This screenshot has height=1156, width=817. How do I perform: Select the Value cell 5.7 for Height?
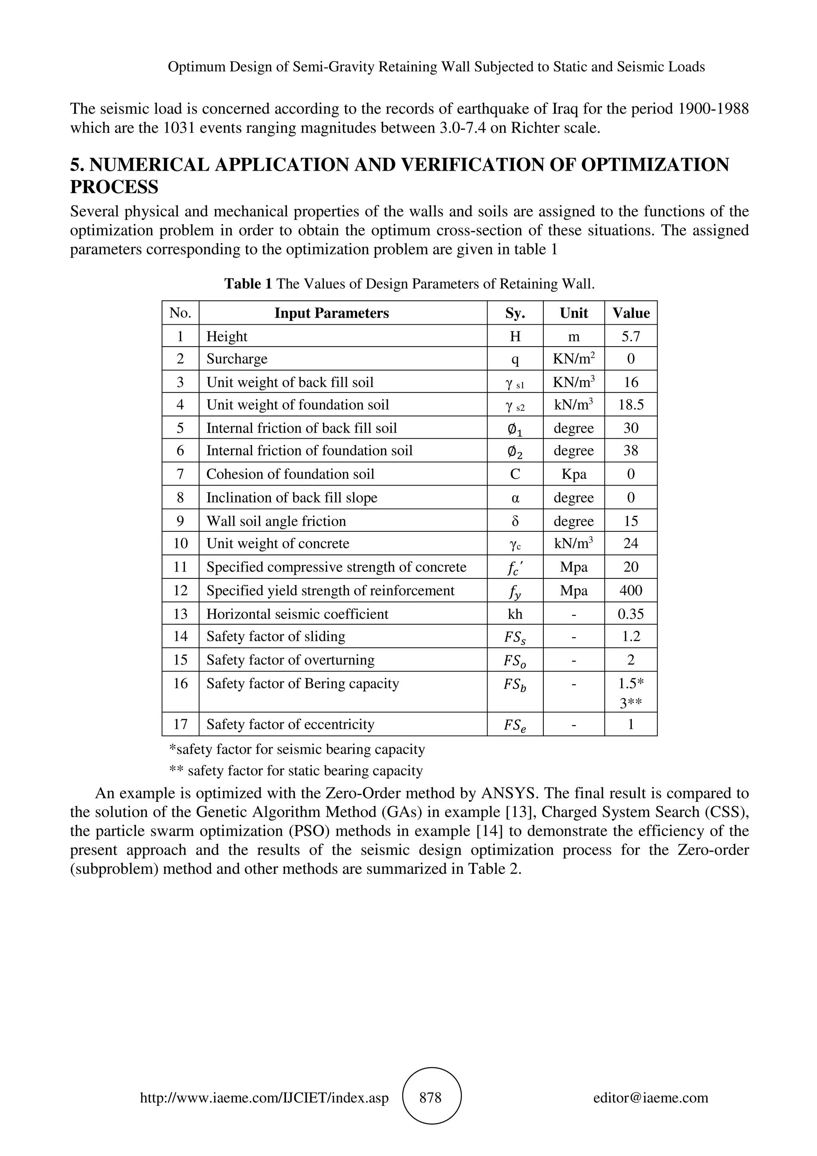click(x=630, y=336)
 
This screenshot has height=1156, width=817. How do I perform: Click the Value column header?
click(x=631, y=313)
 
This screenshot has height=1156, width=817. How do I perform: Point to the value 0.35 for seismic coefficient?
click(x=630, y=614)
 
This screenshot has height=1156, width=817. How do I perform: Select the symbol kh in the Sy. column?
click(x=515, y=614)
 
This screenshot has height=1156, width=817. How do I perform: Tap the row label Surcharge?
click(x=237, y=359)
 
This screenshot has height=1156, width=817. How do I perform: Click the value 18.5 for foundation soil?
click(x=631, y=405)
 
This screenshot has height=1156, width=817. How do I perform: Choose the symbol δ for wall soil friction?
click(x=515, y=521)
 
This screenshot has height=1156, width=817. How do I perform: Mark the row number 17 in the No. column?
click(x=180, y=724)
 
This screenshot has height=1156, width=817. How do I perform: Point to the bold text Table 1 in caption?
click(x=248, y=284)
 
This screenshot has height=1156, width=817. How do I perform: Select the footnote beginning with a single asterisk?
click(x=297, y=749)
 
